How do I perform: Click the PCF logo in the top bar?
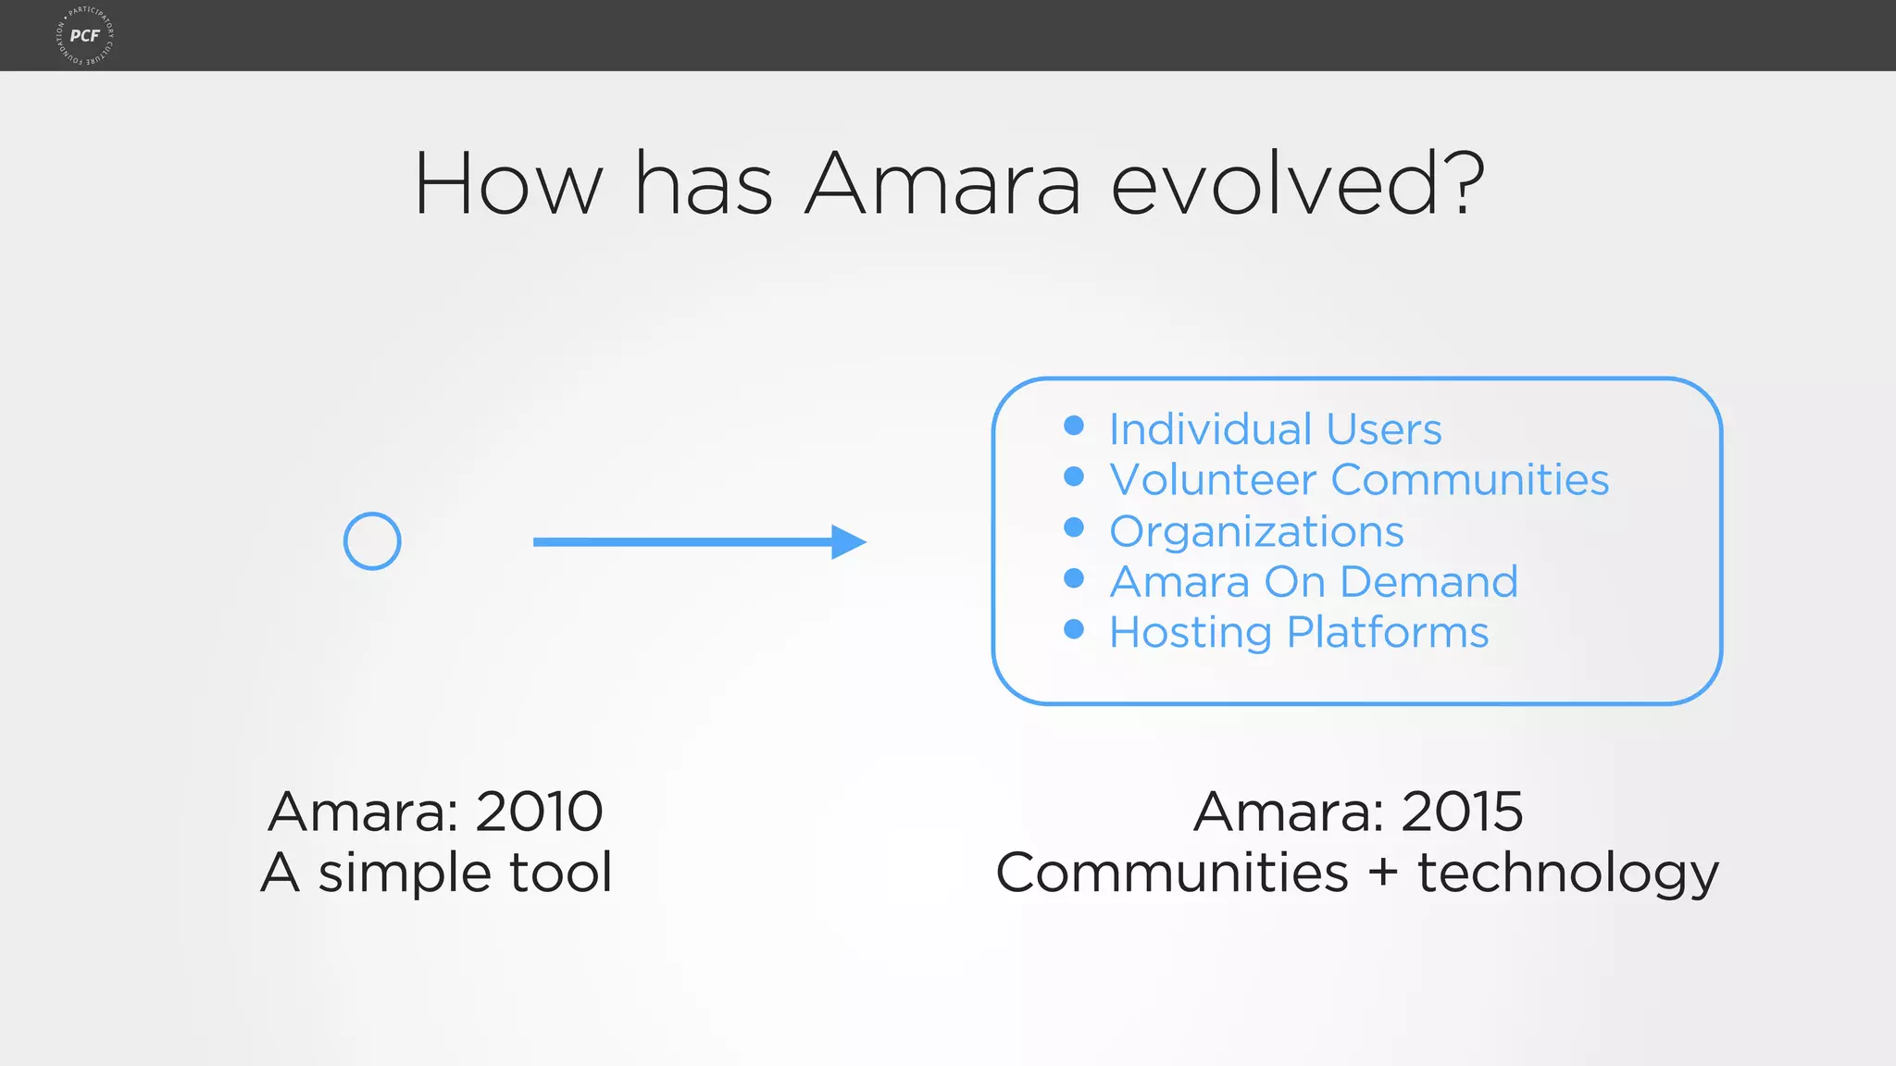(x=85, y=35)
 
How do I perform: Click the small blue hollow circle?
(x=372, y=541)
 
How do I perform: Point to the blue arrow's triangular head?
(x=846, y=542)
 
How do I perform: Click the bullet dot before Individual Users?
(x=1074, y=426)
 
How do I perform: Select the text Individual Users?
(x=1275, y=429)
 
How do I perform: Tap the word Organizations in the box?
(x=1256, y=532)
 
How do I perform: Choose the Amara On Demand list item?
(x=1313, y=582)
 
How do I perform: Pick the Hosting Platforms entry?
(x=1298, y=633)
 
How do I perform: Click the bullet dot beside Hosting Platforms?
(x=1074, y=629)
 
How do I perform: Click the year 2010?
(x=539, y=812)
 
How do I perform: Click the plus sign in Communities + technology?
(x=1382, y=873)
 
